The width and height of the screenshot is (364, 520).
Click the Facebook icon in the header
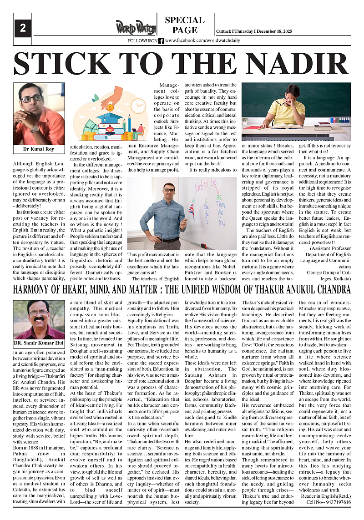161,40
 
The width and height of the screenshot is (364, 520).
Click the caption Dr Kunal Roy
39,149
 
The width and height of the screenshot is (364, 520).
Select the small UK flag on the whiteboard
191,210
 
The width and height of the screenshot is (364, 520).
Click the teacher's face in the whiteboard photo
169,192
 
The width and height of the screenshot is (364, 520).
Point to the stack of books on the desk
324,126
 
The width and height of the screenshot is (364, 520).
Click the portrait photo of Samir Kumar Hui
39,319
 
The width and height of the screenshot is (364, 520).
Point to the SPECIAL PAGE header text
185,25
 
